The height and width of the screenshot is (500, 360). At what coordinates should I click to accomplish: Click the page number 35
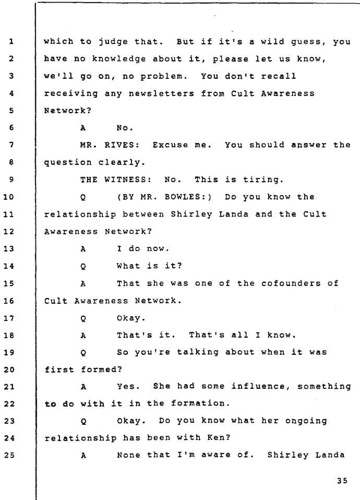point(342,481)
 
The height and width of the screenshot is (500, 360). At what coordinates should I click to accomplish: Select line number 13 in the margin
point(9,249)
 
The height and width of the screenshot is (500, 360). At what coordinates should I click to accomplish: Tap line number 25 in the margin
point(9,455)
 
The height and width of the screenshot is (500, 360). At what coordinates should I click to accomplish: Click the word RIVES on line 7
point(122,145)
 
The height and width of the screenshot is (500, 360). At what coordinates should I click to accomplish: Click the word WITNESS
point(127,180)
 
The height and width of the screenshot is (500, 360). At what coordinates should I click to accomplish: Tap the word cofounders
point(291,283)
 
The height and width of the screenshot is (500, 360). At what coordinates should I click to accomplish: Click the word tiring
point(263,180)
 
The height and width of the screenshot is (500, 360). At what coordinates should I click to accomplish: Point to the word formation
point(200,403)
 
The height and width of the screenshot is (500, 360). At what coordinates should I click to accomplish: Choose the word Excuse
point(170,145)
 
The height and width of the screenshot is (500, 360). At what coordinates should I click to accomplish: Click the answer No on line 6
point(125,128)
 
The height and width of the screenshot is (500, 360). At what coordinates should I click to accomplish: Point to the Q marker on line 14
point(83,266)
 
